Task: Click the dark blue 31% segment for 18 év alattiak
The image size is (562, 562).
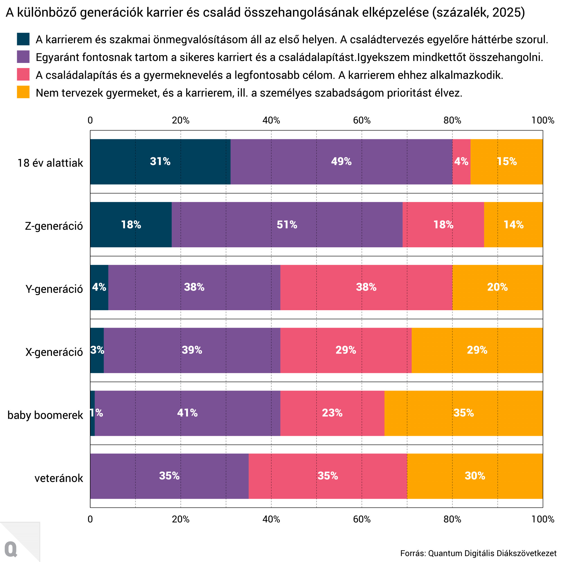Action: coord(160,162)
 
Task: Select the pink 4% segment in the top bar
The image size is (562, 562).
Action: coord(461,162)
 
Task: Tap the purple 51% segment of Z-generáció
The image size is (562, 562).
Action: coord(287,225)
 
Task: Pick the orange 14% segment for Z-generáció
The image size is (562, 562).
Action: coord(513,225)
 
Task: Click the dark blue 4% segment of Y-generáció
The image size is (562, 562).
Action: coord(99,287)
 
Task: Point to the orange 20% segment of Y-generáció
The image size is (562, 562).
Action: coord(497,287)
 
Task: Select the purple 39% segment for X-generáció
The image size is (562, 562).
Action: coord(192,350)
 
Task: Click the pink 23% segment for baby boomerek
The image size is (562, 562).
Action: coord(332,413)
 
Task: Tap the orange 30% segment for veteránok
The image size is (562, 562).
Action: coord(475,476)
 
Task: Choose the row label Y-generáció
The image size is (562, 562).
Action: coord(54,289)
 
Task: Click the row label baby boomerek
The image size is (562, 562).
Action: coord(45,415)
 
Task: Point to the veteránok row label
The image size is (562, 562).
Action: coord(59,478)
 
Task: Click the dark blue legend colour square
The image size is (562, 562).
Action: coord(23,39)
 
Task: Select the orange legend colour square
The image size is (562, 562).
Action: coord(23,92)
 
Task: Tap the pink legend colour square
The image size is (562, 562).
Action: coord(23,74)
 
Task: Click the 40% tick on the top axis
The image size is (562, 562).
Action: coord(271,120)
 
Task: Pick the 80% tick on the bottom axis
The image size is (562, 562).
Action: coord(452,519)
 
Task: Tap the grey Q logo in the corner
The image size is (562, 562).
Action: coord(11,549)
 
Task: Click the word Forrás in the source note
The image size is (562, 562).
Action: coord(413,553)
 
